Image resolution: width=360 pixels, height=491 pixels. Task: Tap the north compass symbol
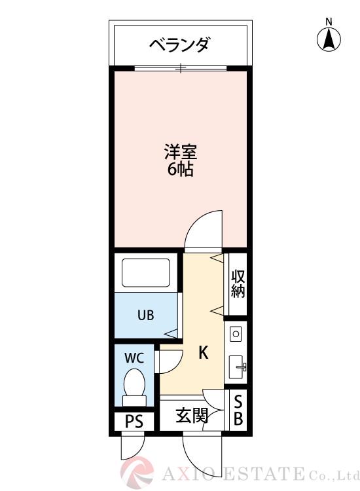tap(329, 39)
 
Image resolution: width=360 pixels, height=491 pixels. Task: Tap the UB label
tap(145, 315)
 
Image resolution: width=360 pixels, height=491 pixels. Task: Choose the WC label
tap(134, 358)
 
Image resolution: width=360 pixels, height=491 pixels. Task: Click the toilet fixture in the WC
tap(134, 386)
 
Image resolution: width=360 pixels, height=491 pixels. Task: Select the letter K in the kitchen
tap(203, 354)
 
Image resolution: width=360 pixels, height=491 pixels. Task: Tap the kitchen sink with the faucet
tap(237, 367)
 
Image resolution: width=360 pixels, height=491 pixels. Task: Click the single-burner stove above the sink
tap(236, 334)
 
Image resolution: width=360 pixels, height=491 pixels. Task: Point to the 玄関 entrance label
tap(192, 415)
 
